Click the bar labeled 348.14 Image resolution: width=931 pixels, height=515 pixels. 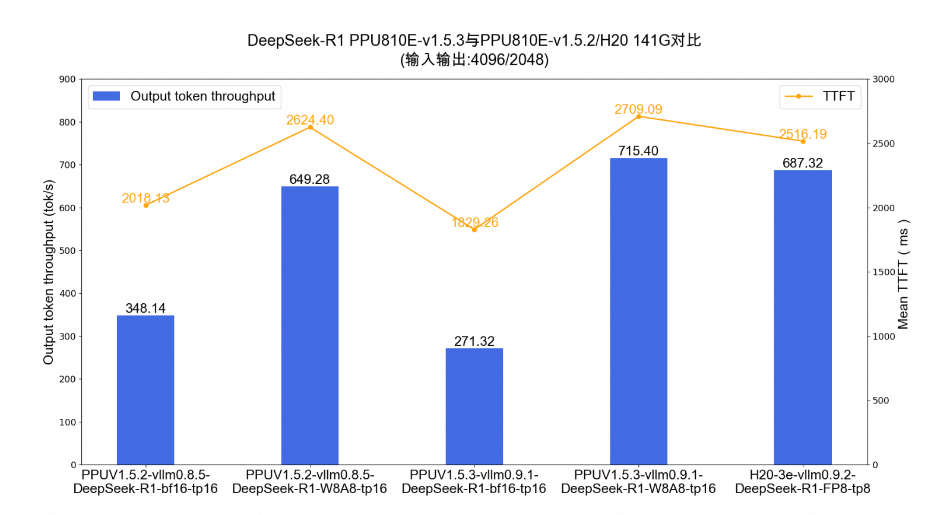pos(145,390)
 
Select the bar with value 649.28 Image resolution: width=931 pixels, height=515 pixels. pos(309,326)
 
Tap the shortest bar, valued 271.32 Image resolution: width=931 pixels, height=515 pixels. pos(474,406)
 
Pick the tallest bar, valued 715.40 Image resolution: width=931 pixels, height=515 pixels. pos(638,311)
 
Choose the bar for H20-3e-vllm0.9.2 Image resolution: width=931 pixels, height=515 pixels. pos(803,317)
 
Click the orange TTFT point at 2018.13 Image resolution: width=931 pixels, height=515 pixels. pos(146,205)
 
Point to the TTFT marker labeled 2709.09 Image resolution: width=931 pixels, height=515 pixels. pos(639,116)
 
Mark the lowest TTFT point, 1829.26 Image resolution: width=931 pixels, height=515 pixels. pos(474,230)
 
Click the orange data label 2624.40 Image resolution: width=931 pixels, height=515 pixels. pos(310,120)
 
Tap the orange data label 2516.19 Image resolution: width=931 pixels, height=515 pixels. pos(803,134)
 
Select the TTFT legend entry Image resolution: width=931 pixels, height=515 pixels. pos(820,96)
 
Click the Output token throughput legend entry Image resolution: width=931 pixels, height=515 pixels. pos(185,96)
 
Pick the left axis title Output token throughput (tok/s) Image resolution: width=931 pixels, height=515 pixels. pos(48,272)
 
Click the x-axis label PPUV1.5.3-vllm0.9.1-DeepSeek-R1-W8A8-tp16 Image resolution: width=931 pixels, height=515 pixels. pos(638,482)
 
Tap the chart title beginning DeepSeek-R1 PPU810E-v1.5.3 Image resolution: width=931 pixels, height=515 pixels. pos(474,40)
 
